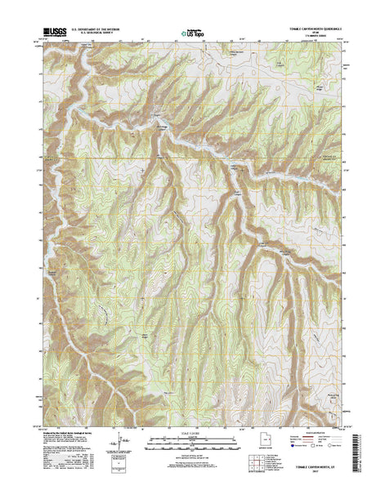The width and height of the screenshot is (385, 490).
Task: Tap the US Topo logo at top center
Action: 193,34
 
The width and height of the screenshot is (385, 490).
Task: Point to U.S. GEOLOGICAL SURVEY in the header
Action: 96,35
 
